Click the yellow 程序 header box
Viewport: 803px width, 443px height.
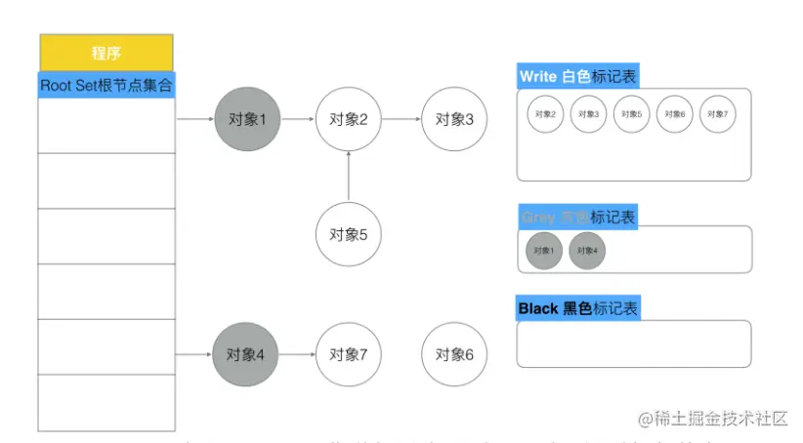[x=106, y=53]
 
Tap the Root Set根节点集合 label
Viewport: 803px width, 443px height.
[x=106, y=85]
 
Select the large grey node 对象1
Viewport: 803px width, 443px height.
[x=246, y=119]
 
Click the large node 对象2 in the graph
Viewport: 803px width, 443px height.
[x=348, y=119]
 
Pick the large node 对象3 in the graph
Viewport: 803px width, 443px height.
[x=453, y=119]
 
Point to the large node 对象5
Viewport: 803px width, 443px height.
[x=348, y=234]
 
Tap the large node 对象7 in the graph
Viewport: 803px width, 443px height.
[x=348, y=354]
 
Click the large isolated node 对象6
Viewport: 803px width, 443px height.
[x=454, y=354]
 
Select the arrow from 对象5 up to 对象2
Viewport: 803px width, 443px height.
[x=348, y=179]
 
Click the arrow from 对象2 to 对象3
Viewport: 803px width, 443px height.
[x=401, y=119]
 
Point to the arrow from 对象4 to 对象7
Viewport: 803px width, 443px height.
[x=297, y=354]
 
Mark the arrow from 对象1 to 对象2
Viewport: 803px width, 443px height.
[x=297, y=119]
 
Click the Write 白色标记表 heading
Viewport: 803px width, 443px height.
[x=579, y=76]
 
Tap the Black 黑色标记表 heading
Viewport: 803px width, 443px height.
[x=579, y=308]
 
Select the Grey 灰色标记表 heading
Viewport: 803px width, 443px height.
[x=579, y=217]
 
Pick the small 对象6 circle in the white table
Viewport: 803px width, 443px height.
[x=674, y=114]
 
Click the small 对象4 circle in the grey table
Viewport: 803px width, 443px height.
[x=587, y=250]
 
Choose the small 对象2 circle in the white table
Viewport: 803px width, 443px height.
[x=544, y=114]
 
